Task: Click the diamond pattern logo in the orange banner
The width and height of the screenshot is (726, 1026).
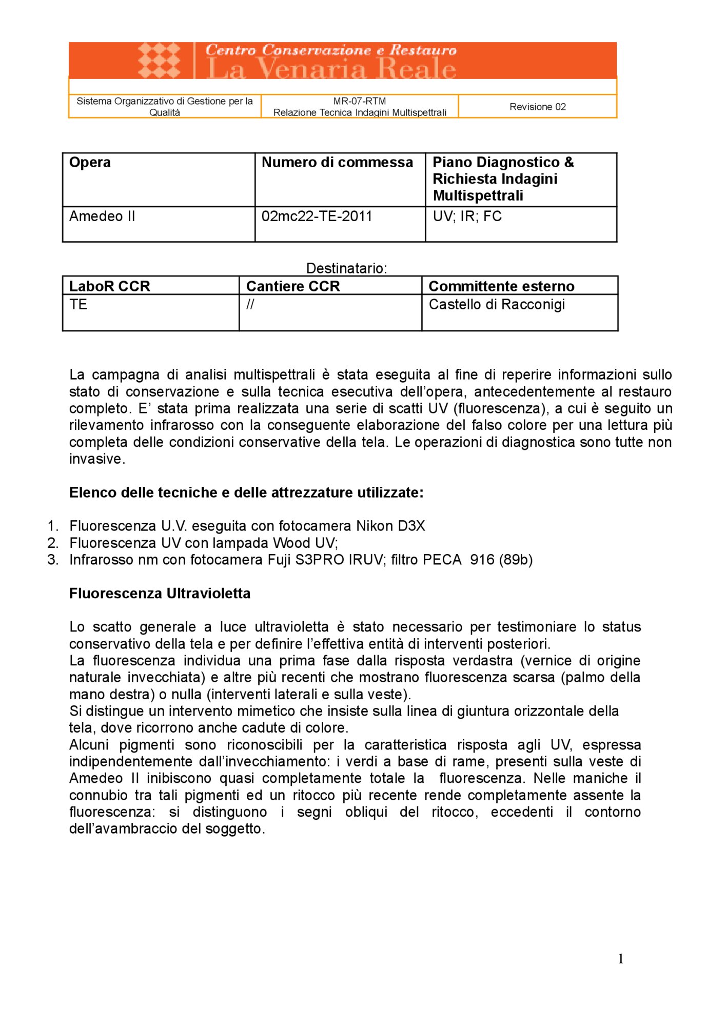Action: (x=159, y=61)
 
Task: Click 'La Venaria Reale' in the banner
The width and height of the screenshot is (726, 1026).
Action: (x=331, y=69)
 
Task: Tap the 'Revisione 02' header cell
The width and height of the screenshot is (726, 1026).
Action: (x=537, y=107)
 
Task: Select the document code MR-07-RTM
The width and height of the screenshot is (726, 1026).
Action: (x=360, y=101)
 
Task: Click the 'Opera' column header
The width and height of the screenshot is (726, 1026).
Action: (x=90, y=163)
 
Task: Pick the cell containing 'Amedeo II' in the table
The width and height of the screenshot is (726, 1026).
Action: (x=102, y=216)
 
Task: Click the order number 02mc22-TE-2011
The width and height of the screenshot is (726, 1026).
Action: (x=317, y=216)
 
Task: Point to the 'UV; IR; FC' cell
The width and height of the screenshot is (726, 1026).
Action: (x=467, y=216)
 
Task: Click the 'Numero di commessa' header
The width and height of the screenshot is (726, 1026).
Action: (x=337, y=163)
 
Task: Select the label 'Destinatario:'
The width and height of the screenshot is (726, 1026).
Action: (x=346, y=268)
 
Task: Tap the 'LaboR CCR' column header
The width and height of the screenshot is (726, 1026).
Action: (x=109, y=286)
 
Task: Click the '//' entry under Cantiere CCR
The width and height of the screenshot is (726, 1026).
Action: (x=250, y=305)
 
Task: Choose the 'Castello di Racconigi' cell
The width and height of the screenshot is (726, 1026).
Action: (x=497, y=305)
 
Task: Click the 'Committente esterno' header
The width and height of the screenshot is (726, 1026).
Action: (x=501, y=286)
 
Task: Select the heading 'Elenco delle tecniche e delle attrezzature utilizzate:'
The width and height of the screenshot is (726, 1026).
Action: (x=246, y=492)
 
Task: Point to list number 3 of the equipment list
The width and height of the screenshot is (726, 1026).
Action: (x=53, y=560)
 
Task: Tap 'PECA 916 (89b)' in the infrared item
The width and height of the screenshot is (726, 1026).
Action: (x=478, y=560)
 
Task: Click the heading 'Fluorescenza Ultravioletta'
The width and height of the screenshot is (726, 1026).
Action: (x=160, y=594)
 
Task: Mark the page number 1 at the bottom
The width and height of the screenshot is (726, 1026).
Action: (x=621, y=959)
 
